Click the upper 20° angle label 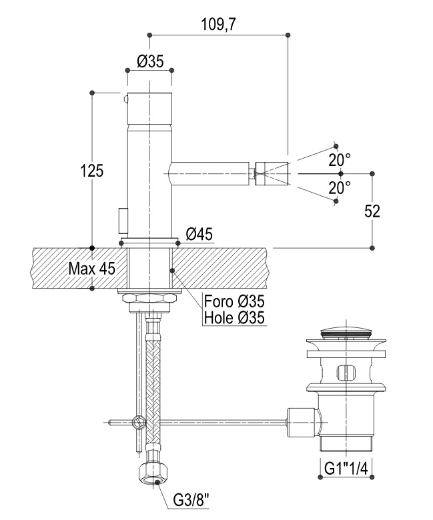[x=340, y=160]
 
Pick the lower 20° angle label [x=340, y=189]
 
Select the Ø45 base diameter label [x=199, y=234]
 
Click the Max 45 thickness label [x=92, y=269]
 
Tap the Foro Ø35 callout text [x=233, y=302]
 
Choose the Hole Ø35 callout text [x=234, y=317]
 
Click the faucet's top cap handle [x=150, y=106]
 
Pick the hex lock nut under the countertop [x=149, y=297]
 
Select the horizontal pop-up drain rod [x=220, y=421]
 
